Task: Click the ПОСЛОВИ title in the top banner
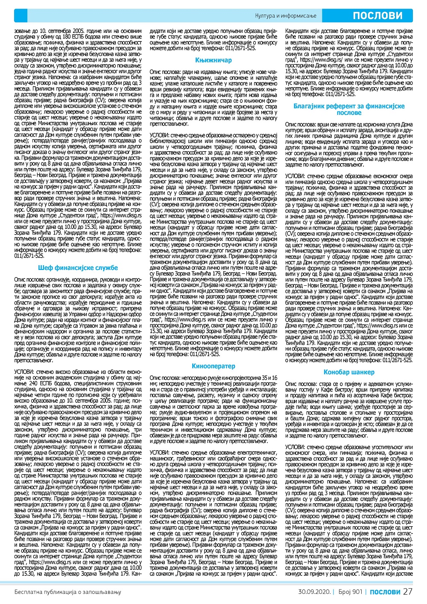point(377,16)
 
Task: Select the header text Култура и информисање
point(286,16)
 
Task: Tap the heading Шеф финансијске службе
point(78,268)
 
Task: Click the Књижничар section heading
point(213,61)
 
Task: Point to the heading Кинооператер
point(213,366)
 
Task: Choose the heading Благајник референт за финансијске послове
point(349,109)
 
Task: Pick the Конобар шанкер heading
point(349,372)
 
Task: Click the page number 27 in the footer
point(408,592)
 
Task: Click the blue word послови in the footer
point(385,592)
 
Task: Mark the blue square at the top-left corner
point(20,16)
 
